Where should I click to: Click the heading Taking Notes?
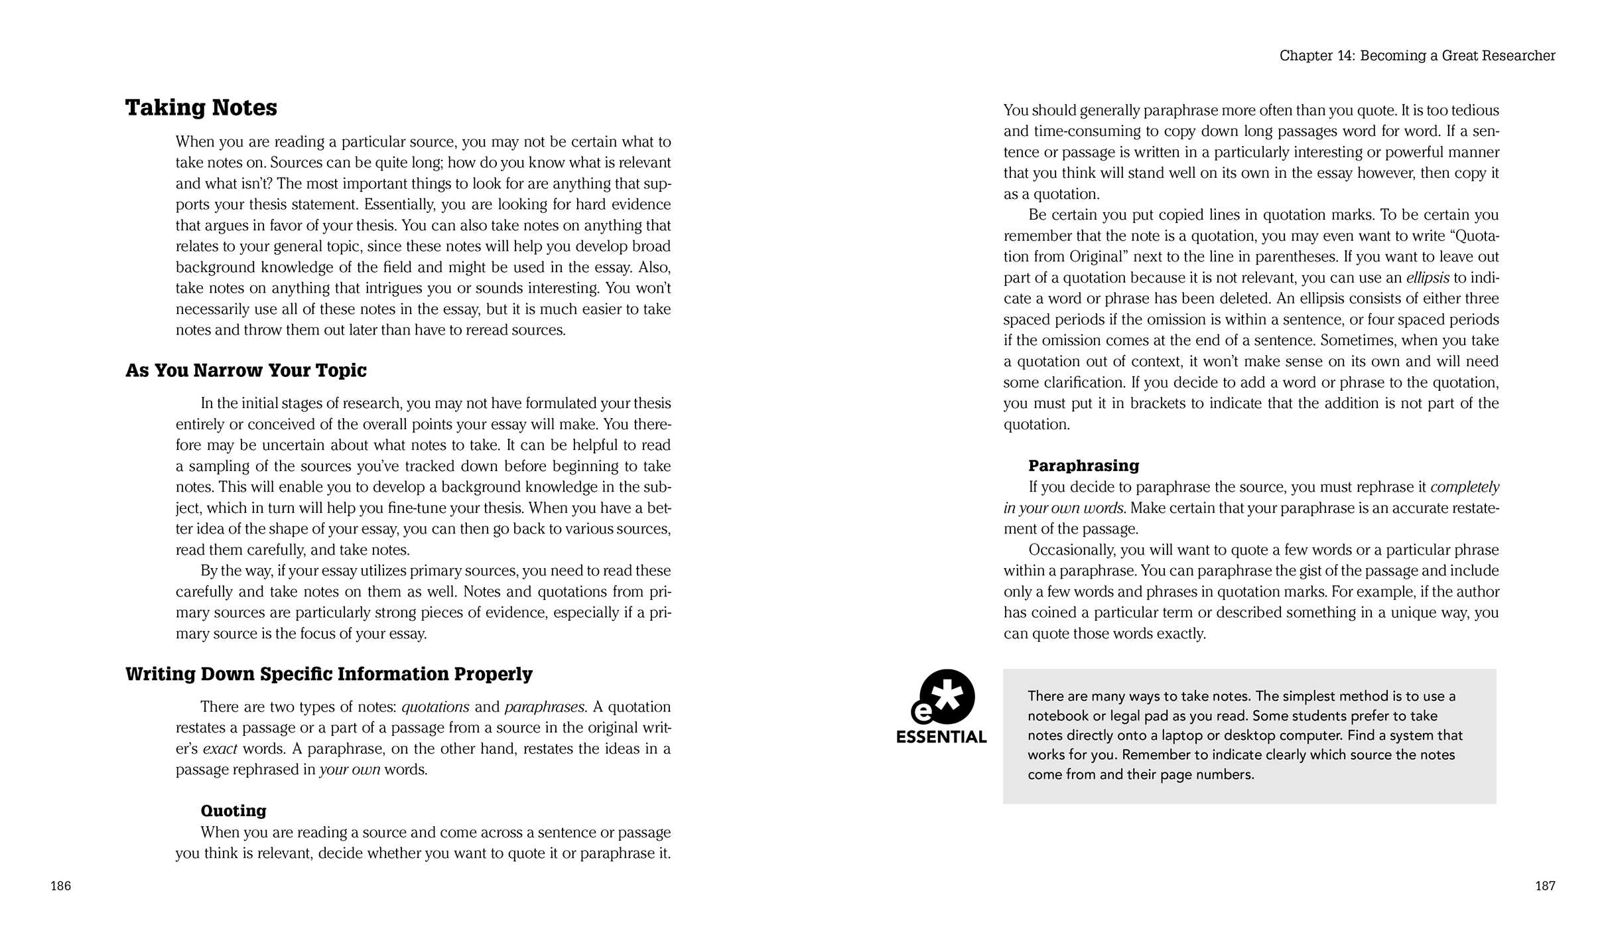[x=201, y=107]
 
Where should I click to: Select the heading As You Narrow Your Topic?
[x=245, y=370]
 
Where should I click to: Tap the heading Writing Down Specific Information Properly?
[x=328, y=674]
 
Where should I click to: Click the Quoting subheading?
[x=234, y=811]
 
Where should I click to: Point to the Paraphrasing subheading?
[x=1083, y=466]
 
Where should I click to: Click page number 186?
[x=60, y=886]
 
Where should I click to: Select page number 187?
[x=1545, y=886]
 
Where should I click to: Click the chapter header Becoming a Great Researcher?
[x=1417, y=56]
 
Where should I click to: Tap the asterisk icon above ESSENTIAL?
[x=945, y=697]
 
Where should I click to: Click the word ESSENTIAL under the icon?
[x=941, y=737]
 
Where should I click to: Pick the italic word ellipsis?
[x=1427, y=278]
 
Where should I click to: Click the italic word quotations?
[x=435, y=707]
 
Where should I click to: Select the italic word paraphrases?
[x=545, y=707]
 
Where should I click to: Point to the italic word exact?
[x=220, y=749]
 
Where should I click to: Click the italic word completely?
[x=1464, y=487]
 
